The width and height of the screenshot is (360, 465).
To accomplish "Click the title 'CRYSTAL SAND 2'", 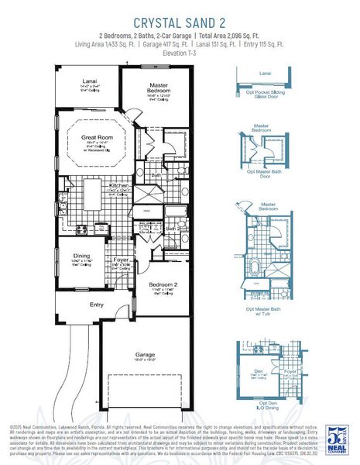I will tap(180, 22).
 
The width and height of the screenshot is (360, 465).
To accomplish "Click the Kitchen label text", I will tap(118, 186).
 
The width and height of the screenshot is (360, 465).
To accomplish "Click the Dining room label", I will tap(81, 256).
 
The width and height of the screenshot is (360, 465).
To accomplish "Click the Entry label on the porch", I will tap(96, 305).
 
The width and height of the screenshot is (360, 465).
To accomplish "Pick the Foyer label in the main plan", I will tap(121, 260).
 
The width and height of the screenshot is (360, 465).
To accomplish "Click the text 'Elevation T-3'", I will tap(180, 53).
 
